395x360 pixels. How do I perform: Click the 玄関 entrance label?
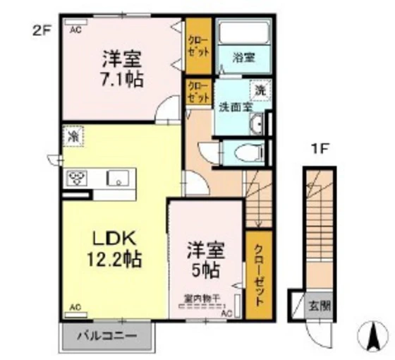pyautogui.click(x=320, y=306)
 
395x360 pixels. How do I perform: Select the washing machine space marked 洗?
pyautogui.click(x=260, y=90)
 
